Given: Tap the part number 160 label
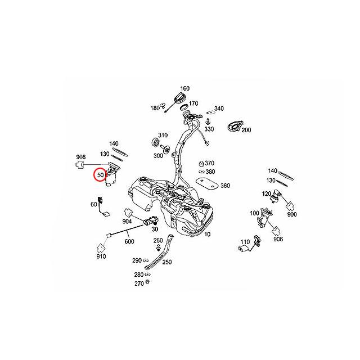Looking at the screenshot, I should pos(185,89).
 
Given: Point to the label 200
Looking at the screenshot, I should pos(246,130).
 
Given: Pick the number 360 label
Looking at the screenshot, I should pos(225,186).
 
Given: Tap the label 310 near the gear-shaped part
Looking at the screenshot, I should pos(163,136).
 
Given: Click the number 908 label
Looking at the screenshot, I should pos(80,156).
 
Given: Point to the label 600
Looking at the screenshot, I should pos(129,241).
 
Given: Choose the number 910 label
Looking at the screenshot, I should pos(101,256).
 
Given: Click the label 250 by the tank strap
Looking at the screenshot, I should pos(166,262).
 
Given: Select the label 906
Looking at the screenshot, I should pos(277,238).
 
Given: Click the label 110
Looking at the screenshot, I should pos(245,242).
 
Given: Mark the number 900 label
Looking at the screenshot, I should pos(291,215).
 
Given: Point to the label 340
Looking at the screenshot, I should pos(219,109).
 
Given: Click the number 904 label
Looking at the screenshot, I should pos(128,222).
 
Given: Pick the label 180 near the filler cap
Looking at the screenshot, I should pos(155,108).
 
